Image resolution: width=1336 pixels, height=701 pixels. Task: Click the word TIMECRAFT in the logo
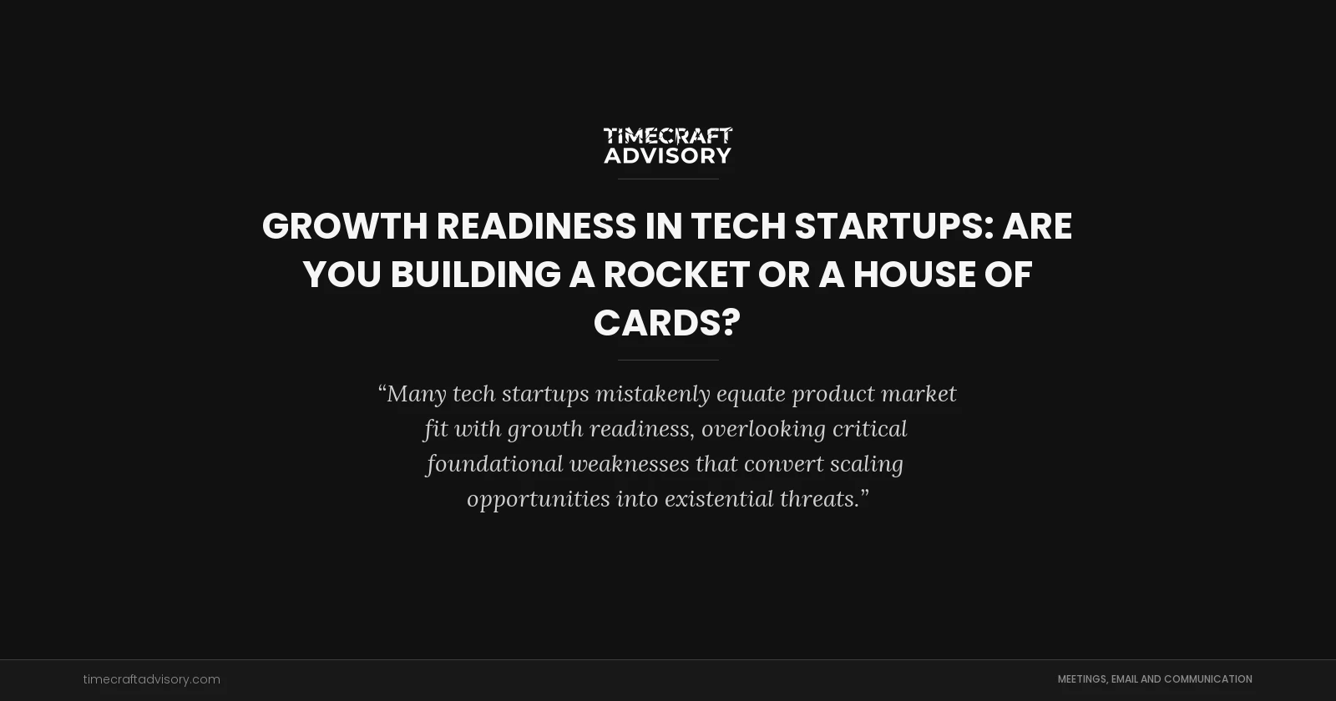(667, 136)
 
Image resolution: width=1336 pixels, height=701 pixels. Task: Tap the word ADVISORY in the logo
(667, 156)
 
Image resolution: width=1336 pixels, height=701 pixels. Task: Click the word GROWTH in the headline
(345, 226)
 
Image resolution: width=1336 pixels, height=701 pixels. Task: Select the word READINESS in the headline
(536, 226)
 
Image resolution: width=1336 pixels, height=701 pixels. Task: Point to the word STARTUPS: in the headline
(893, 226)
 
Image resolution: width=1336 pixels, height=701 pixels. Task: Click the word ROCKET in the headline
(676, 275)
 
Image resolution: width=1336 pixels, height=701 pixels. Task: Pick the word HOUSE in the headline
(913, 275)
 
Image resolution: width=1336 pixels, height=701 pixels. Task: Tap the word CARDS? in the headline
(667, 323)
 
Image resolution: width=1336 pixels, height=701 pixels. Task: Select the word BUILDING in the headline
(475, 275)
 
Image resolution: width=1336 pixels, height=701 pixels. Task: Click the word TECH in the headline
(738, 226)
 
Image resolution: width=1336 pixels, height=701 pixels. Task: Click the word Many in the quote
(416, 394)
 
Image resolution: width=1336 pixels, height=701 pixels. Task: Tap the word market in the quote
(918, 394)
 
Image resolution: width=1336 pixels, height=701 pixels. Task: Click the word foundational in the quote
(494, 464)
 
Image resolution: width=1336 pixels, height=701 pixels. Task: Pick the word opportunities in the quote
(538, 499)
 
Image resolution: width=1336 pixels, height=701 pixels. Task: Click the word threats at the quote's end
(820, 499)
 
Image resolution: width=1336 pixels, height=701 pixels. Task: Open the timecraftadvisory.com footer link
(151, 679)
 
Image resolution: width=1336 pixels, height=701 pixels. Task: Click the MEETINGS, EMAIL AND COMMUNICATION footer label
(1155, 679)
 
